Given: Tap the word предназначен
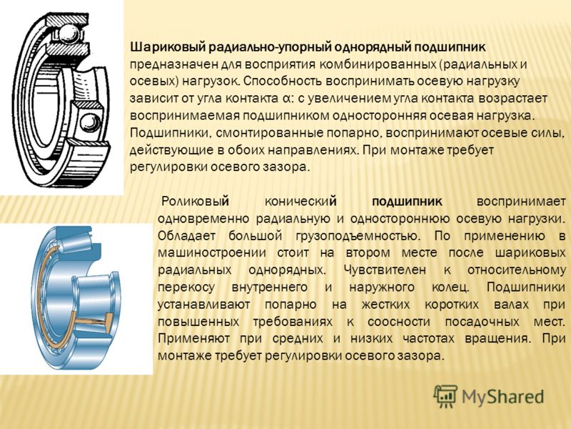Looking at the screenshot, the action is [170, 64].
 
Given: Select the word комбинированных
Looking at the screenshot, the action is [378, 64].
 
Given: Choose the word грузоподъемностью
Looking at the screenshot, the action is [358, 236].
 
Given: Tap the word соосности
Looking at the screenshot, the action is [399, 322].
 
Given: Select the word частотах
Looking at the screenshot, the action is [429, 339].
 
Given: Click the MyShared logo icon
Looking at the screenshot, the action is [445, 396].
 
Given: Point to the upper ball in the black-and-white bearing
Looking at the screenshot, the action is [69, 34].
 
